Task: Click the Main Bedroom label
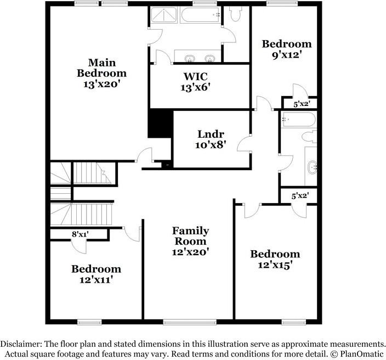(x=101, y=73)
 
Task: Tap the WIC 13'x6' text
(x=195, y=81)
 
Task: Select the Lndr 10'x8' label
(x=211, y=139)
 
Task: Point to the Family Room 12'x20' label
(x=190, y=240)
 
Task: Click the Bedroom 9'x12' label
(x=286, y=49)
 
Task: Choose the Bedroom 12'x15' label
(x=275, y=259)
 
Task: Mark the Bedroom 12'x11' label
(x=96, y=274)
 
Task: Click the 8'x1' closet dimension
(x=81, y=234)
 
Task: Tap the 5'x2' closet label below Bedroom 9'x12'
(x=302, y=103)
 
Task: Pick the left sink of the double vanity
(x=190, y=58)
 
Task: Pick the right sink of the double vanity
(x=209, y=58)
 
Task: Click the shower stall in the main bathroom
(x=164, y=16)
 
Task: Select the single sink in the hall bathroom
(x=313, y=167)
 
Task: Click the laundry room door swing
(x=243, y=144)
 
